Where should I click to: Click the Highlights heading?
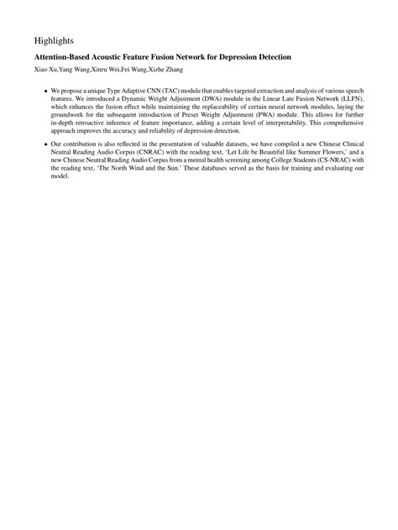point(55,39)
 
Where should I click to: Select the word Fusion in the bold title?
point(176,57)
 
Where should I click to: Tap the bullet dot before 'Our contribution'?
point(45,145)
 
